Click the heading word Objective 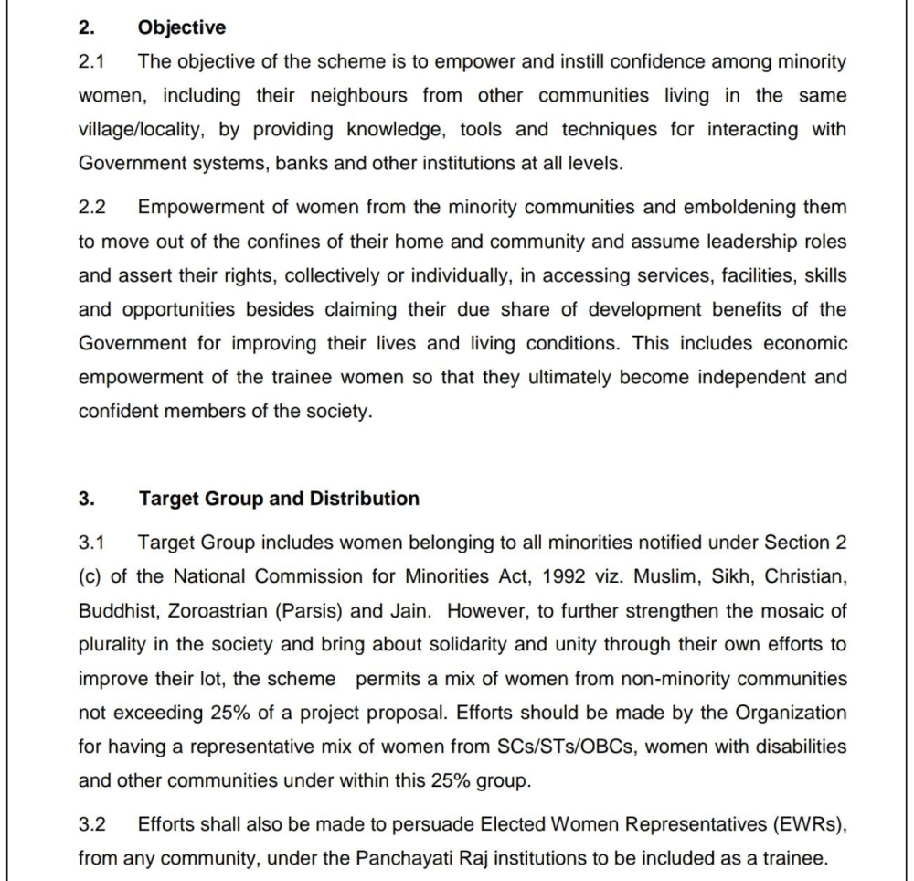(182, 27)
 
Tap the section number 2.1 (92, 62)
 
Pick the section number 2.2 (92, 208)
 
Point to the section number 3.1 (92, 543)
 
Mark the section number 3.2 (92, 823)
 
